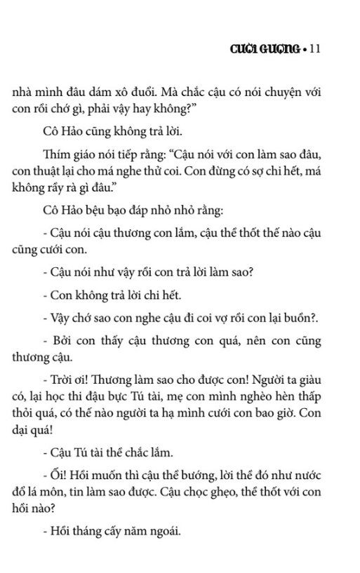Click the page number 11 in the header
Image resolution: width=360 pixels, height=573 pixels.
pyautogui.click(x=314, y=48)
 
